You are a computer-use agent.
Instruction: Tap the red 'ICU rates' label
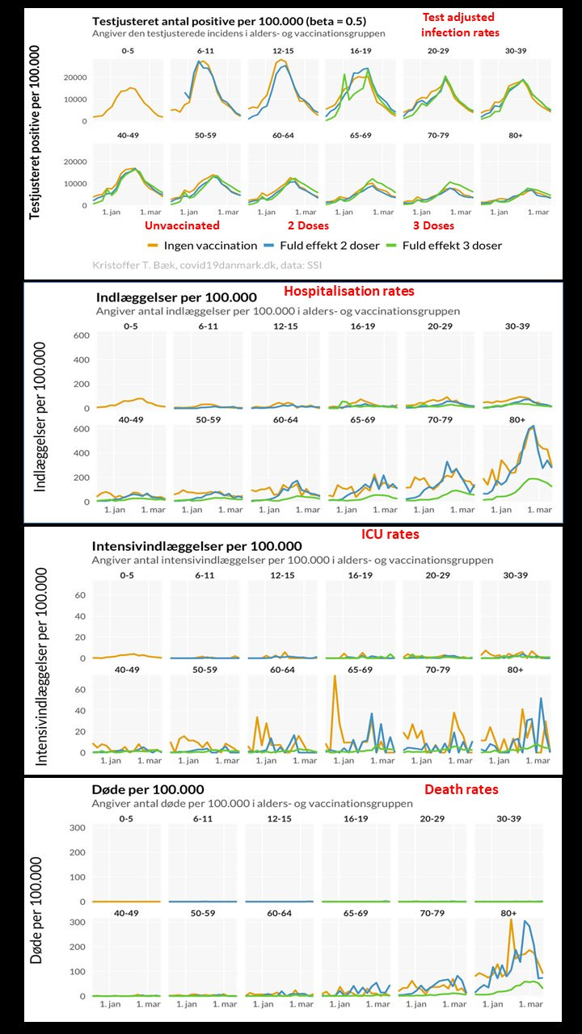390,534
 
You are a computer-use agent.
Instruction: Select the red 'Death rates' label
462,789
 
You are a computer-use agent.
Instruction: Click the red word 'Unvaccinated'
182,225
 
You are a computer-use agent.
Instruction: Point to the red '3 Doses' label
433,225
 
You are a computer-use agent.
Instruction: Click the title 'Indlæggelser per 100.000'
176,297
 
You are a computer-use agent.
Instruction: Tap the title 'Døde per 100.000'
148,789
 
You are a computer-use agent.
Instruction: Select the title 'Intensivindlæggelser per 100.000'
198,546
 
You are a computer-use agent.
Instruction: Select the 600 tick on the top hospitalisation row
80,336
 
